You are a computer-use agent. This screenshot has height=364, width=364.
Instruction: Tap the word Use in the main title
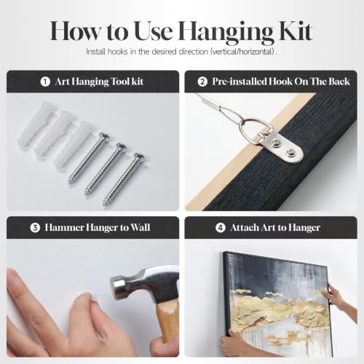point(153,31)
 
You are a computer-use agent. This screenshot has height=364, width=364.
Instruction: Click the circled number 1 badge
point(45,82)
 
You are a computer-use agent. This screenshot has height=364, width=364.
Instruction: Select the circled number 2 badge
point(202,82)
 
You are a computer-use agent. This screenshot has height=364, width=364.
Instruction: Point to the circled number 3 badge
point(35,228)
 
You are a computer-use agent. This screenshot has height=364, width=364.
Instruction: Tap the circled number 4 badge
point(221,228)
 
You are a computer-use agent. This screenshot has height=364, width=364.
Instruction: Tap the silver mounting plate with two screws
point(282,147)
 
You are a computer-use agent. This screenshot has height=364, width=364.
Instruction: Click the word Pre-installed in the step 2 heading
point(239,82)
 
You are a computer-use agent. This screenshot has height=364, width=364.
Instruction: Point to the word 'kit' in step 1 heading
point(137,82)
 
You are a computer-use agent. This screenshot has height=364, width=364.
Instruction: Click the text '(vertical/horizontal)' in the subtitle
point(242,52)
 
